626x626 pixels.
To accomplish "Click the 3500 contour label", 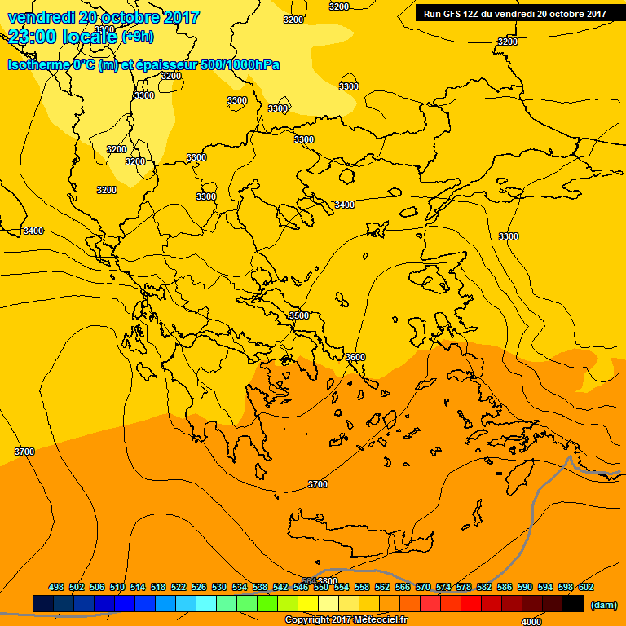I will click(x=299, y=315).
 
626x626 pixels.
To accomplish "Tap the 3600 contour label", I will click(x=355, y=357).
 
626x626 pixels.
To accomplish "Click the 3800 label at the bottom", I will click(x=326, y=581).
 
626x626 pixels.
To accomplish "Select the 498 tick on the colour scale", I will click(x=56, y=587).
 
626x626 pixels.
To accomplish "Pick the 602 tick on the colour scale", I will click(x=586, y=587).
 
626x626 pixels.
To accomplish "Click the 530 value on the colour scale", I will click(x=219, y=587).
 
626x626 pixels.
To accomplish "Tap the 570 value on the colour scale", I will click(x=423, y=587).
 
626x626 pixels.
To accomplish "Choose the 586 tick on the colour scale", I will click(x=505, y=587).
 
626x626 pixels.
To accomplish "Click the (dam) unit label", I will click(x=603, y=605).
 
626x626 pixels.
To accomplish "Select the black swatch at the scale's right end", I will click(x=573, y=603).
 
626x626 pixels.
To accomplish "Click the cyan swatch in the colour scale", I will click(x=206, y=603).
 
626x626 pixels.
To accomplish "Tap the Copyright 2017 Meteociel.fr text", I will click(x=346, y=620).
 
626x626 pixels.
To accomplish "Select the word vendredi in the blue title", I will click(x=37, y=17).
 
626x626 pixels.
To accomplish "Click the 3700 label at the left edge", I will click(x=24, y=452).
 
